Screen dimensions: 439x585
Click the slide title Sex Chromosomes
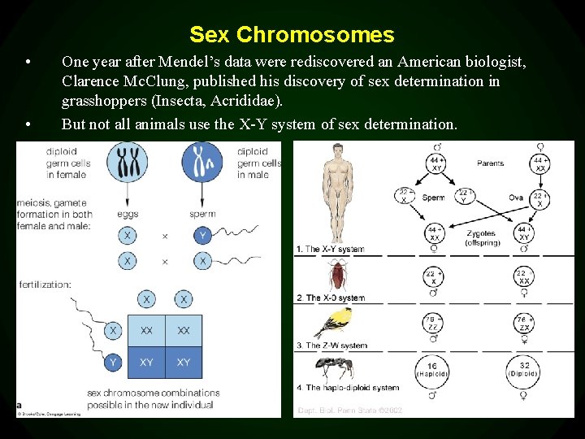[292, 35]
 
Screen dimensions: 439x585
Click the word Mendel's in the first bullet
[193, 62]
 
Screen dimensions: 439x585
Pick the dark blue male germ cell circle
[202, 162]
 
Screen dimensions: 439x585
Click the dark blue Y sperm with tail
[202, 236]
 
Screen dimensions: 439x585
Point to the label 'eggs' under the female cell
[128, 215]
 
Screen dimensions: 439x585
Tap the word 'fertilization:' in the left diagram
[45, 285]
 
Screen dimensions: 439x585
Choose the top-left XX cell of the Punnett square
[146, 331]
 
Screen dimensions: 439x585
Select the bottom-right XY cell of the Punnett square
[184, 362]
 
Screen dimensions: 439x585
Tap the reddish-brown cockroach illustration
[337, 276]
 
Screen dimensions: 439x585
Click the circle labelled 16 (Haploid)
[432, 371]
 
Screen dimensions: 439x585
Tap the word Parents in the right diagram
[490, 163]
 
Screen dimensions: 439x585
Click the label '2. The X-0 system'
[331, 298]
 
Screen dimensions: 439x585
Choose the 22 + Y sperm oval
[463, 196]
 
